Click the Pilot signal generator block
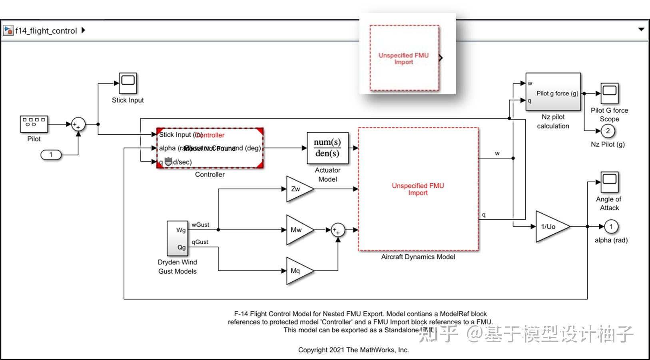[x=34, y=124]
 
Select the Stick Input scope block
[x=128, y=83]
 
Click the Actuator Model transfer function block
[x=327, y=148]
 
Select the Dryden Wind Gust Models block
[x=177, y=238]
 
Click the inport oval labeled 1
[x=51, y=155]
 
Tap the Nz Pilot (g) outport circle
[x=608, y=131]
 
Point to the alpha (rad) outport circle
[x=611, y=227]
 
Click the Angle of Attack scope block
[x=609, y=182]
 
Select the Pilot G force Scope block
[x=609, y=93]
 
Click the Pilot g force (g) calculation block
[x=553, y=92]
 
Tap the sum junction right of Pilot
[x=78, y=124]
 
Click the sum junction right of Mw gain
[x=338, y=230]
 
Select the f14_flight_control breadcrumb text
[x=46, y=31]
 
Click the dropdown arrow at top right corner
[x=641, y=29]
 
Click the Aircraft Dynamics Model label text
[x=418, y=257]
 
